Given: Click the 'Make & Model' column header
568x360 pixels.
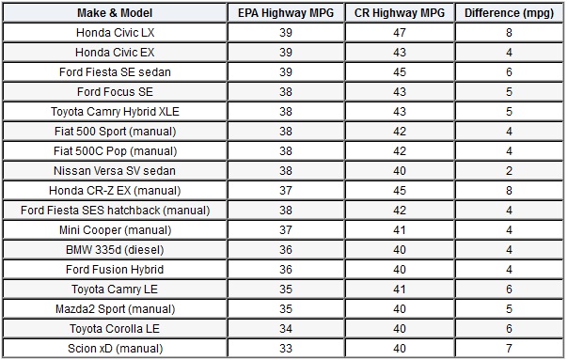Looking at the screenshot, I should point(116,12).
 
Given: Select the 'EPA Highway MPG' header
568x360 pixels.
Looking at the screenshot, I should point(285,12).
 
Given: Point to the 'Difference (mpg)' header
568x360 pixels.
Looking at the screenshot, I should point(509,12).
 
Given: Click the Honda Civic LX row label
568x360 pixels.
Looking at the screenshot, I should point(116,32).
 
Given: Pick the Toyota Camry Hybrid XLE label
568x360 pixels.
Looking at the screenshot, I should point(116,111).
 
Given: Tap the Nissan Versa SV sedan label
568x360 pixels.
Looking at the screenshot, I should point(116,170).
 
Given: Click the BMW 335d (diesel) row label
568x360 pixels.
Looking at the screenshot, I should point(116,250).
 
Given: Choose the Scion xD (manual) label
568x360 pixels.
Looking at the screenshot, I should point(116,349).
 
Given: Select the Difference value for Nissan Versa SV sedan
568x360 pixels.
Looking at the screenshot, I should point(509,170).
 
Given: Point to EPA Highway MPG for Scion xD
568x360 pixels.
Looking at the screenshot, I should point(285,349).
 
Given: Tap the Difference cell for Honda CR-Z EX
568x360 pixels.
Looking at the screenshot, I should point(509,190).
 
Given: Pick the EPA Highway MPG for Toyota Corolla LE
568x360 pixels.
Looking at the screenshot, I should point(285,329).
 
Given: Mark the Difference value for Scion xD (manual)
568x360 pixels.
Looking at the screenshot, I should point(509,349).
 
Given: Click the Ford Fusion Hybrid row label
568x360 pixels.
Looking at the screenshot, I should point(116,270).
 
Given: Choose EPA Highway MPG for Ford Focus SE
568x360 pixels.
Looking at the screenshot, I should point(285,91).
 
